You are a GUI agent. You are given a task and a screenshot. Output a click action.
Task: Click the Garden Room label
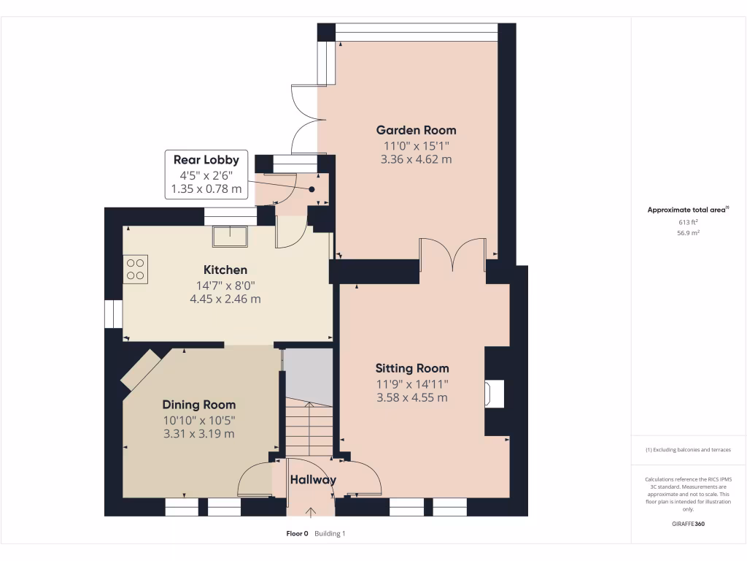[416, 130]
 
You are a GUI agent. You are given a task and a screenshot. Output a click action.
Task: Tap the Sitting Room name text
[412, 368]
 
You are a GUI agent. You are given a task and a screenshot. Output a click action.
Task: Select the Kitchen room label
[225, 270]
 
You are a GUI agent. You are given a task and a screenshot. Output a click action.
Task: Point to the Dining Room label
[198, 405]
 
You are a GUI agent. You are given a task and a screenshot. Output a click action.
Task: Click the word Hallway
[313, 480]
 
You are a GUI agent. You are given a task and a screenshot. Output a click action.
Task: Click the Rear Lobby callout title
[206, 159]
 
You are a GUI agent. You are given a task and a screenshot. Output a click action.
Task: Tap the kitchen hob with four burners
[136, 268]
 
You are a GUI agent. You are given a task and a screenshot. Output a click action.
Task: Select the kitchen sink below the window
[230, 236]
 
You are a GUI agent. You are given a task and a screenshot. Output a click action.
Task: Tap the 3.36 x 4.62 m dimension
[416, 159]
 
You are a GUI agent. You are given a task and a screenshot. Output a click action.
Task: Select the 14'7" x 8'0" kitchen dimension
[225, 285]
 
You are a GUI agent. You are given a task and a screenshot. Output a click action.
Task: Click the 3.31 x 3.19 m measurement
[198, 434]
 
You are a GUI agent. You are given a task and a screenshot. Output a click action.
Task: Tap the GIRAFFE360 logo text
[688, 524]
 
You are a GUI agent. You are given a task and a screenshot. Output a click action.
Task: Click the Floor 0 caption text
[298, 534]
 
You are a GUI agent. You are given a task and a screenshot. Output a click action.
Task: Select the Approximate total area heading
[687, 210]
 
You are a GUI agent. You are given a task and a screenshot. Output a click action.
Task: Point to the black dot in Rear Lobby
[311, 188]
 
